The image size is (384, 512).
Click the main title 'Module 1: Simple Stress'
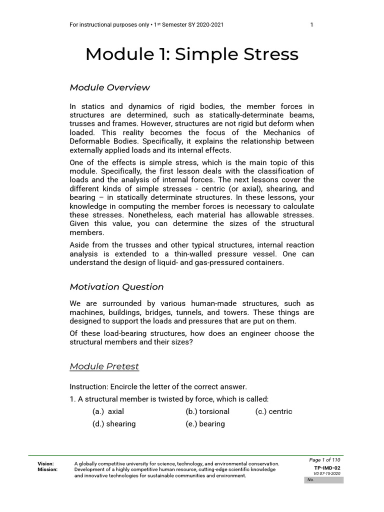tap(191, 54)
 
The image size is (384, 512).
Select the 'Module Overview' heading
tap(109, 87)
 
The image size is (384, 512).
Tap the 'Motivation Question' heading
tap(116, 287)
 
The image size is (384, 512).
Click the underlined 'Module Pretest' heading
tap(104, 366)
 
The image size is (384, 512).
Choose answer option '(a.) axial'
tap(108, 411)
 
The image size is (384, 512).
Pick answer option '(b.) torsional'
tap(207, 411)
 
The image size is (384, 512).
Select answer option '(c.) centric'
tap(273, 411)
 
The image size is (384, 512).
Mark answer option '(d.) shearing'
tap(114, 424)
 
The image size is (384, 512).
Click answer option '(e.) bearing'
tap(205, 424)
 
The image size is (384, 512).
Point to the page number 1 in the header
tap(312, 25)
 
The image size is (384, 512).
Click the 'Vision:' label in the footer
tap(46, 464)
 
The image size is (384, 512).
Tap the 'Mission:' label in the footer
tap(47, 470)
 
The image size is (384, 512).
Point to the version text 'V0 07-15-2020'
tap(327, 473)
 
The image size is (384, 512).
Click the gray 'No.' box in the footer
tap(323, 480)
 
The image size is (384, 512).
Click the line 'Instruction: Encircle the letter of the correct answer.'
tap(158, 386)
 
